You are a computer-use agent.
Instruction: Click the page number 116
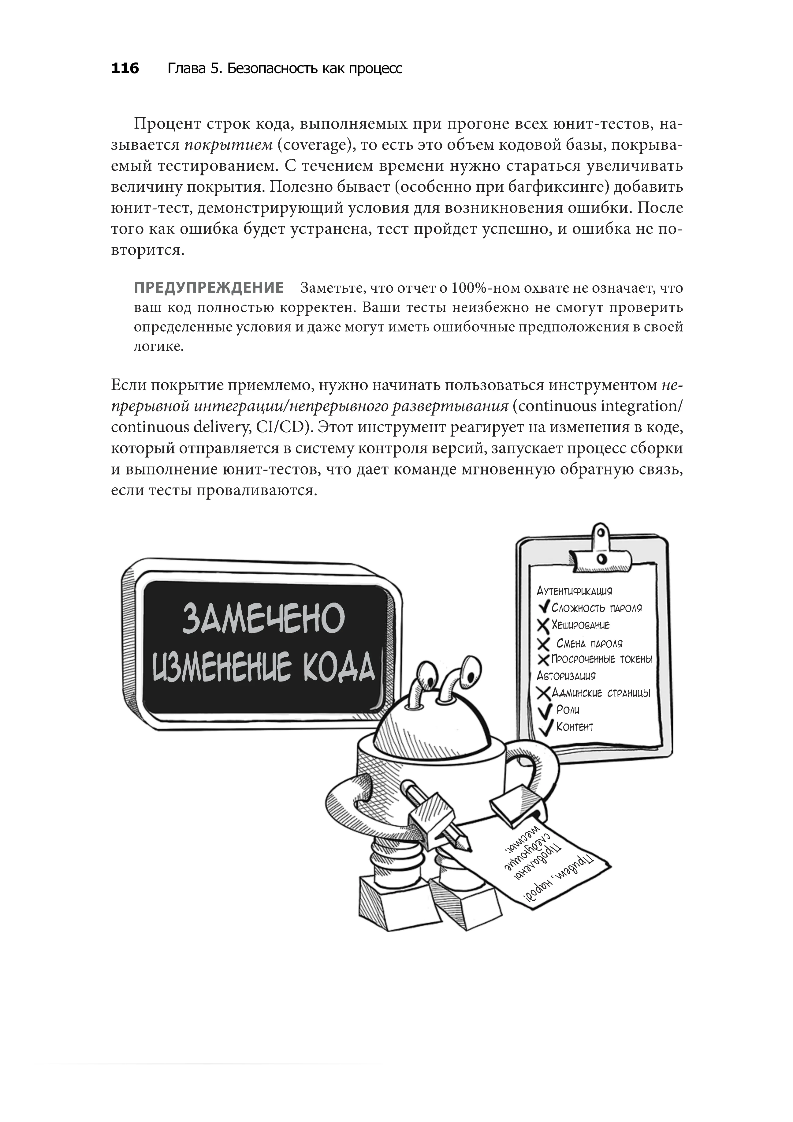click(x=125, y=68)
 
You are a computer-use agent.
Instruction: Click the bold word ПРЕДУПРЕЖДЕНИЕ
click(x=209, y=288)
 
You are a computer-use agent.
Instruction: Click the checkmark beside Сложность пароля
click(x=544, y=607)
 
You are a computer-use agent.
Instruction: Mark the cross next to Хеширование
click(x=543, y=625)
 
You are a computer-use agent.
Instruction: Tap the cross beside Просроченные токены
click(x=543, y=660)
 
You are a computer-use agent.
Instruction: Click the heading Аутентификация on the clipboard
click(x=574, y=591)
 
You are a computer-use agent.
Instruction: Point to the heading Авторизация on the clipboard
click(x=566, y=676)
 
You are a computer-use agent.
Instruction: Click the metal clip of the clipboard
click(x=601, y=547)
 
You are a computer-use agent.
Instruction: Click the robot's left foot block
click(x=388, y=899)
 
